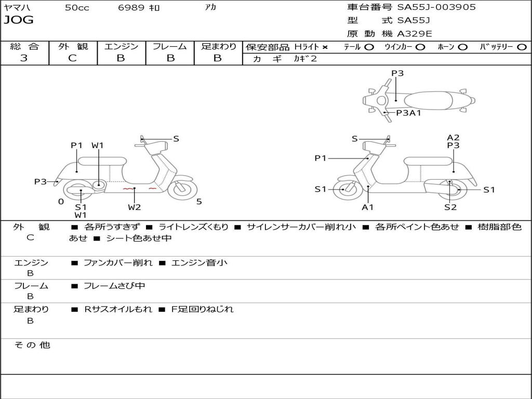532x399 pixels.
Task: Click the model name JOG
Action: pos(18,21)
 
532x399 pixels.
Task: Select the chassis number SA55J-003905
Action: pos(436,7)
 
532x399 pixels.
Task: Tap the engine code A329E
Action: pos(414,34)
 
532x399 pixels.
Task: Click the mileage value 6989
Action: pos(131,8)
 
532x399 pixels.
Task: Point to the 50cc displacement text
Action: pos(77,8)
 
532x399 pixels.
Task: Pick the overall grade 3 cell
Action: pos(24,58)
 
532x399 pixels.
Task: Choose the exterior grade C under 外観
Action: pos(72,58)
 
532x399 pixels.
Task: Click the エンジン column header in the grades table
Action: pos(121,47)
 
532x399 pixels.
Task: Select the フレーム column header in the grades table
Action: pos(169,47)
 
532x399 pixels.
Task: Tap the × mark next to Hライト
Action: pos(325,47)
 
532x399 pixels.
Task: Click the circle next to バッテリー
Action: pos(522,47)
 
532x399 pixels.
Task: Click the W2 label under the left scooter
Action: pos(135,207)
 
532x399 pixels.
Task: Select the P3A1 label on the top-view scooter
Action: pos(408,113)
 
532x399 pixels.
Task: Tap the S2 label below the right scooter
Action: pos(450,207)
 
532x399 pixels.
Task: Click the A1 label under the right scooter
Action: pos(368,207)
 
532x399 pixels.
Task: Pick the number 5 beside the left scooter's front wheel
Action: pos(199,202)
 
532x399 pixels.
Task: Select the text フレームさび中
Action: pos(114,286)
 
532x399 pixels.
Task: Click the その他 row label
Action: pos(32,345)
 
